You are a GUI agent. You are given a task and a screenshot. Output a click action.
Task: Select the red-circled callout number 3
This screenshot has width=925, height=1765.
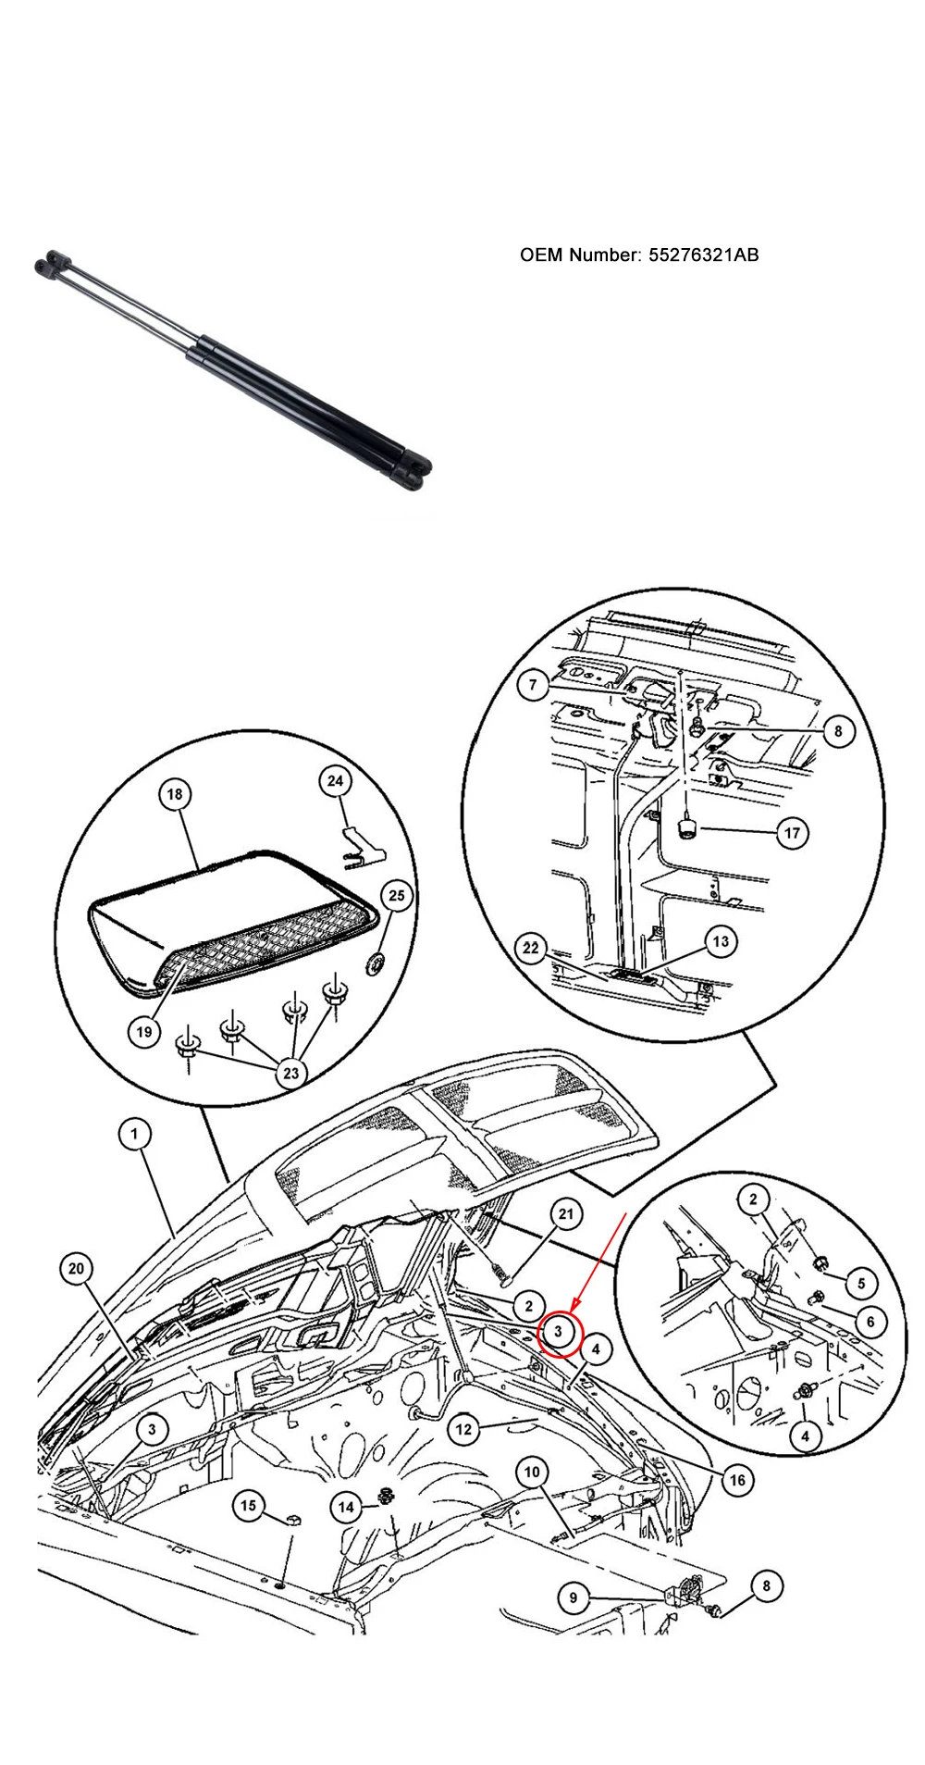pos(559,1331)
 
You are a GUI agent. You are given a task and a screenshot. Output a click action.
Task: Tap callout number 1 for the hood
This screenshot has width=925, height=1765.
pos(135,1133)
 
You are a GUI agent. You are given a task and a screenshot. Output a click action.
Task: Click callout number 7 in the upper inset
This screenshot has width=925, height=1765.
pos(533,686)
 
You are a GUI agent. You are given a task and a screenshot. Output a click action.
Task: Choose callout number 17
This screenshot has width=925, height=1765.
pos(792,833)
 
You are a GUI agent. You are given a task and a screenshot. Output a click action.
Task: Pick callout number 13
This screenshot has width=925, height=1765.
pos(721,942)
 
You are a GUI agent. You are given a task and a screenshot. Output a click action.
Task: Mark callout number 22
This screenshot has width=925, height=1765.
pos(531,949)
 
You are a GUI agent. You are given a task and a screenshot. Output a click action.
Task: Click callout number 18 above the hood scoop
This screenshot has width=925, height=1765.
pos(175,794)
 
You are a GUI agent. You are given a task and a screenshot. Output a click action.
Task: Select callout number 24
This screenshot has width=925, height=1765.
pos(336,781)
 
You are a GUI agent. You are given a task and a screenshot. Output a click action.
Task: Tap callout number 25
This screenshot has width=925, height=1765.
pos(396,896)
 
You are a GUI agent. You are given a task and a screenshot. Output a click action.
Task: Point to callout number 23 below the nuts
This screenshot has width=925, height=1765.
pos(291,1074)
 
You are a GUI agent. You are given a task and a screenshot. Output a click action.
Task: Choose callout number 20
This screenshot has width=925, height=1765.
pos(77,1268)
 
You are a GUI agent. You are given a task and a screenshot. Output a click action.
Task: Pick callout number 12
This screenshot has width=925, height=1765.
pos(463,1430)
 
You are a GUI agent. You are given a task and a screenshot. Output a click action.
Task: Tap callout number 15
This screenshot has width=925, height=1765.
pos(248,1506)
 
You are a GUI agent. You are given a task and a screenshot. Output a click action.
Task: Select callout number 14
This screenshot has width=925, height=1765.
pos(346,1508)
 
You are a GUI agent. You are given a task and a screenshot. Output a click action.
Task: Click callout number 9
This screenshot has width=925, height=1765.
pos(573,1597)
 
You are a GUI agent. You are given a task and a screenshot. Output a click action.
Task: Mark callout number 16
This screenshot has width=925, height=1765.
pos(736,1480)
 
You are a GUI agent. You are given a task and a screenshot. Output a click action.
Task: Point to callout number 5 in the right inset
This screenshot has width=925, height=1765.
pos(861,1284)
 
